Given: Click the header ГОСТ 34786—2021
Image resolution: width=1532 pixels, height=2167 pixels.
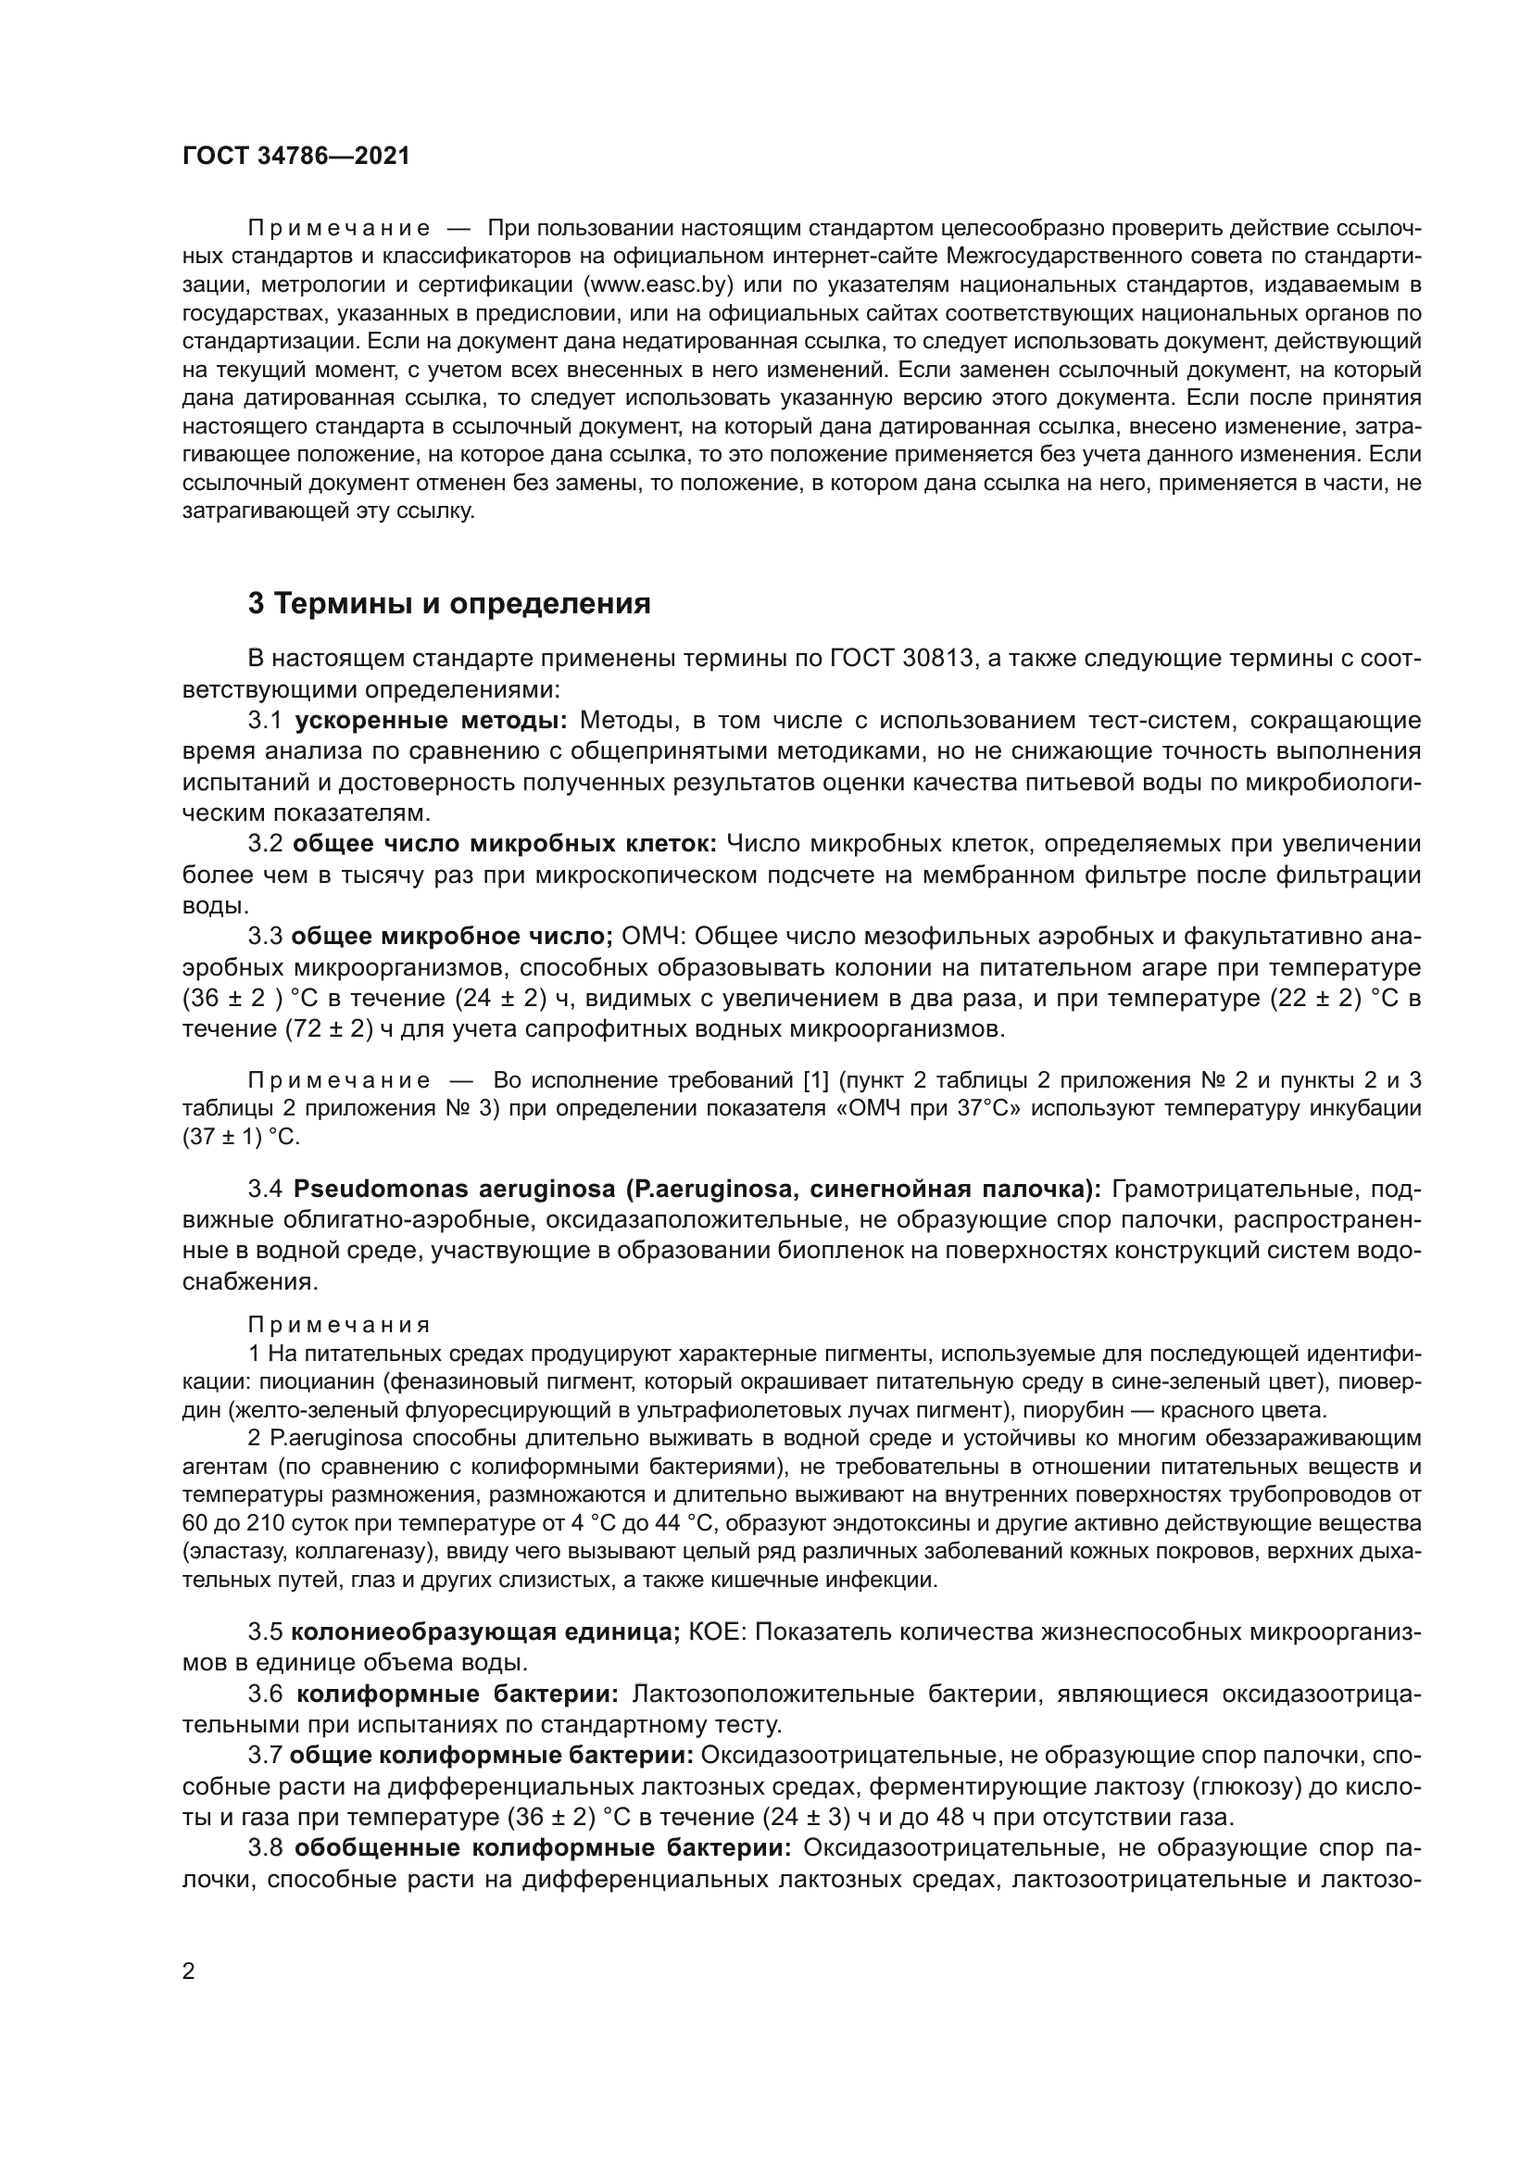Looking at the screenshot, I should [x=296, y=157].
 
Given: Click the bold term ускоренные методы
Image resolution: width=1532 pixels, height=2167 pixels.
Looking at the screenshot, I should [x=431, y=721].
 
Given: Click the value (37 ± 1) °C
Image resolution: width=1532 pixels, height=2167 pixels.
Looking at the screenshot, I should [x=241, y=1138].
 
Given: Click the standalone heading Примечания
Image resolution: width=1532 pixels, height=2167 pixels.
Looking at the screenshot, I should [x=339, y=1326].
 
